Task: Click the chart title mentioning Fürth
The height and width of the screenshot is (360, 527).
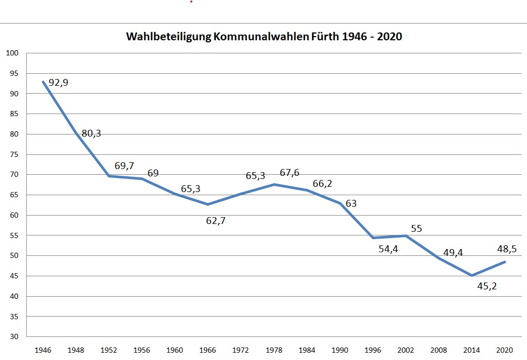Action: pos(263,38)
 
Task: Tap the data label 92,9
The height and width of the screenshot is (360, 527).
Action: pos(59,83)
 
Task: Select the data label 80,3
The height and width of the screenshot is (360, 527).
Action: pos(91,133)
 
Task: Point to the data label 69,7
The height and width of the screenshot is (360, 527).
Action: pos(124,166)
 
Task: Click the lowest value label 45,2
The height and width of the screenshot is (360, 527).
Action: pos(487,286)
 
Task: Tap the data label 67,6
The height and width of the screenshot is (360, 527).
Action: pos(289,172)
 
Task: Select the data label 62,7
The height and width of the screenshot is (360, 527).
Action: pos(216,220)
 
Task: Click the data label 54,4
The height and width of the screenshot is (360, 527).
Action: pos(388,249)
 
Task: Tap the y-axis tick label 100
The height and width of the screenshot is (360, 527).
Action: pos(13,53)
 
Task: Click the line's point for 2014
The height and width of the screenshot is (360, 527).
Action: pos(472,275)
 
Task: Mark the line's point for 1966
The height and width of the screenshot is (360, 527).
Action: pos(208,204)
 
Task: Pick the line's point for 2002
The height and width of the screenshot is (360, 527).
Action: pos(406,235)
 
